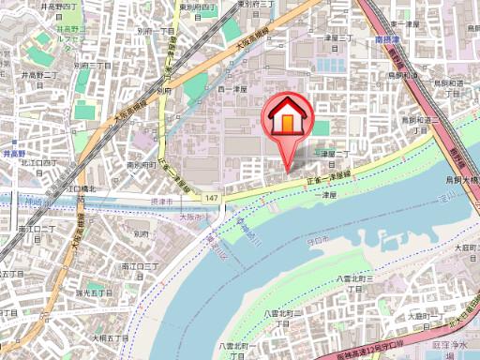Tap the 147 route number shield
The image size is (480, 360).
[213, 198]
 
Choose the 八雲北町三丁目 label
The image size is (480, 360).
[354, 284]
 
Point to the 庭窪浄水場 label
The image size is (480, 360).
[458, 348]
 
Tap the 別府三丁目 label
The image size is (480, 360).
[92, 67]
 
